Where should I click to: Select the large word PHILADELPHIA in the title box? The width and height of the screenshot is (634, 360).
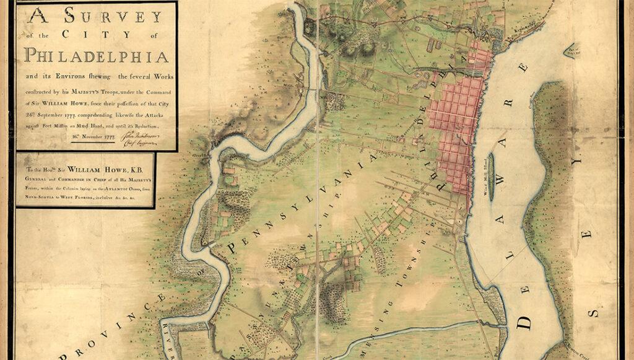pos(97,56)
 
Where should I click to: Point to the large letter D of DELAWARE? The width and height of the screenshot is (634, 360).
pos(525,320)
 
